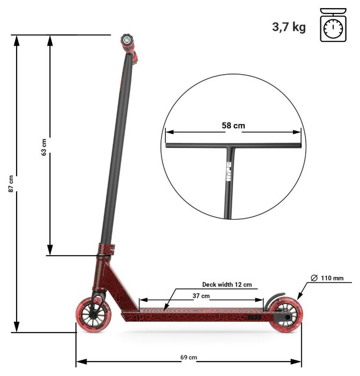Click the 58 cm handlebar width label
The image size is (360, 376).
(x=233, y=126)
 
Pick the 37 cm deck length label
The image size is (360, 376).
(x=201, y=296)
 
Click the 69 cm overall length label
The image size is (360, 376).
(x=188, y=357)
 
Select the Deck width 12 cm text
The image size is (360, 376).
(x=226, y=285)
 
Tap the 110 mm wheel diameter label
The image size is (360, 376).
(x=331, y=278)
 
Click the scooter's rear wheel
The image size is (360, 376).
(x=284, y=316)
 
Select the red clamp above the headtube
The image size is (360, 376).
(x=104, y=249)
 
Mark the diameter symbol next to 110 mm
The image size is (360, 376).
(x=314, y=278)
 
